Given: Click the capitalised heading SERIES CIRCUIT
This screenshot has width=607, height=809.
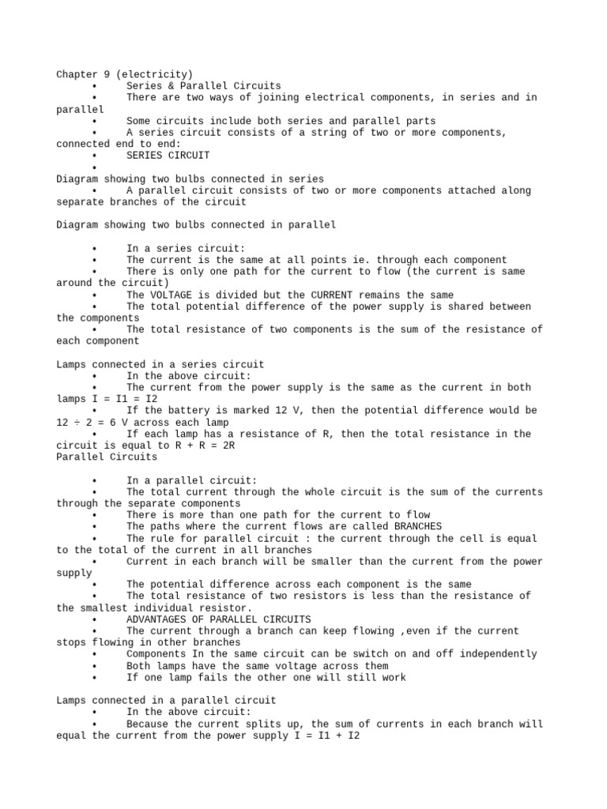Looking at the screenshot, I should click(168, 156).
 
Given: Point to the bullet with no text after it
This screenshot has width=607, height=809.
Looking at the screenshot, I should click(93, 167).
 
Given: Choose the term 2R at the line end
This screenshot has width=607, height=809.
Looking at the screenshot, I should click(228, 446).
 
